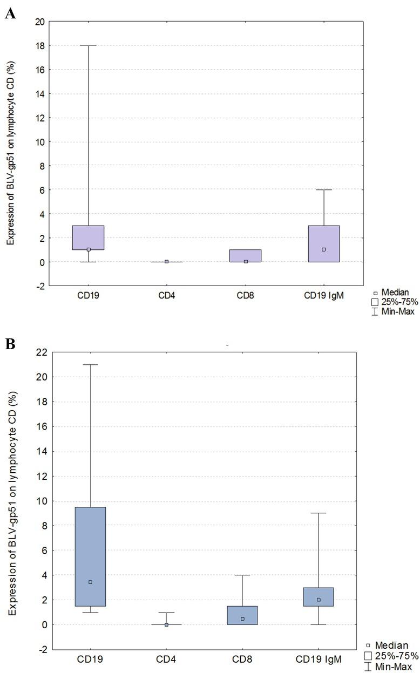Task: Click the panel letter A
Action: click(10, 14)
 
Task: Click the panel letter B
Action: click(10, 344)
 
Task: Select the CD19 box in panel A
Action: click(89, 237)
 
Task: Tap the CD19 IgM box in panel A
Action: click(324, 243)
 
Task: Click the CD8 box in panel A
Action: click(246, 256)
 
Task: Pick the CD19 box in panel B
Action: click(91, 557)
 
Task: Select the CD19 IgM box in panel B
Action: click(319, 597)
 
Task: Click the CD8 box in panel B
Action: click(242, 615)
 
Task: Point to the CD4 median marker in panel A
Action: click(166, 262)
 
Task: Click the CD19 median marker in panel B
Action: click(91, 582)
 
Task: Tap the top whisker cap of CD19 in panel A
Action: click(89, 45)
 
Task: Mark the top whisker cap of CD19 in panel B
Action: click(91, 364)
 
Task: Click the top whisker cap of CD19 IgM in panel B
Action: click(319, 513)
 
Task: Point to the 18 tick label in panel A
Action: click(39, 46)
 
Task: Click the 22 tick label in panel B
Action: click(42, 352)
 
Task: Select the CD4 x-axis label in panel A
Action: click(166, 296)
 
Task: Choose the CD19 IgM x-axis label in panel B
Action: click(319, 659)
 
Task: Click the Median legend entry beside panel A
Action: click(391, 293)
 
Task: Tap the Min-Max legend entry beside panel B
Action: click(388, 667)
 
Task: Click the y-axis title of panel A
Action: click(11, 153)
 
